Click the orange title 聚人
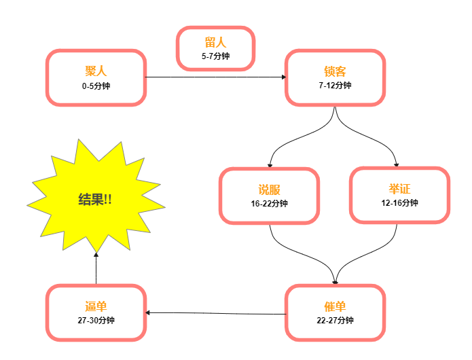pyautogui.click(x=96, y=71)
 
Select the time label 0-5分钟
pyautogui.click(x=96, y=86)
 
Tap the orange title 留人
pyautogui.click(x=215, y=42)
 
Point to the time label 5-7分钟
pyautogui.click(x=215, y=56)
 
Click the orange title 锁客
pyautogui.click(x=335, y=71)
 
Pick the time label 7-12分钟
pyautogui.click(x=335, y=86)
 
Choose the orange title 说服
pyautogui.click(x=269, y=190)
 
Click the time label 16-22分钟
pyautogui.click(x=269, y=204)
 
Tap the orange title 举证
pyautogui.click(x=399, y=189)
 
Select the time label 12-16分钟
pyautogui.click(x=399, y=203)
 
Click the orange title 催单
pyautogui.click(x=335, y=306)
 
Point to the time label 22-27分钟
pyautogui.click(x=335, y=321)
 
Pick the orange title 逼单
pyautogui.click(x=96, y=306)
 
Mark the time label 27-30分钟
pyautogui.click(x=96, y=321)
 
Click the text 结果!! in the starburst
pyautogui.click(x=95, y=199)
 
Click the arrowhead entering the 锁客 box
pyautogui.click(x=284, y=77)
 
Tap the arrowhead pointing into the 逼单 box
pyautogui.click(x=147, y=312)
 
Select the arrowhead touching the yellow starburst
pyautogui.click(x=96, y=255)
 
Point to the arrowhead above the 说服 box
pyautogui.click(x=270, y=165)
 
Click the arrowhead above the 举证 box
pyautogui.click(x=397, y=164)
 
